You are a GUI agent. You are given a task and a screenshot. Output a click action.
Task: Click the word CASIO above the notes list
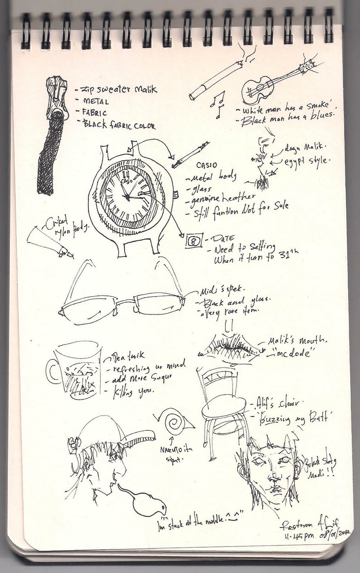[x=207, y=165]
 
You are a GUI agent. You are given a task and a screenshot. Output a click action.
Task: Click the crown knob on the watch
[x=175, y=194]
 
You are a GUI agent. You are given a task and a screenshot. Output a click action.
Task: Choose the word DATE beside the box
[x=225, y=238]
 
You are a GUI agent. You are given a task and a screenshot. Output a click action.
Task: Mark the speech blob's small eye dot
[x=163, y=508]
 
